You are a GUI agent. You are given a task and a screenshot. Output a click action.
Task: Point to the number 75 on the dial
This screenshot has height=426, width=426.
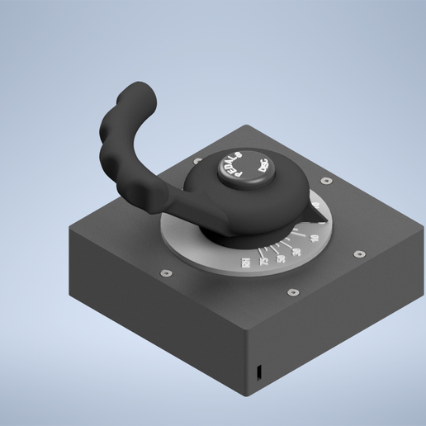point(263,262)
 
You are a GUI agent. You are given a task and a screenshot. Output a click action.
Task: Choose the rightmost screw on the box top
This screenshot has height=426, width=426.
point(358,253)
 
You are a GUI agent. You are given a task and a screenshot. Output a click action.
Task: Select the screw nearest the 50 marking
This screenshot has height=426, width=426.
point(291,291)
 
